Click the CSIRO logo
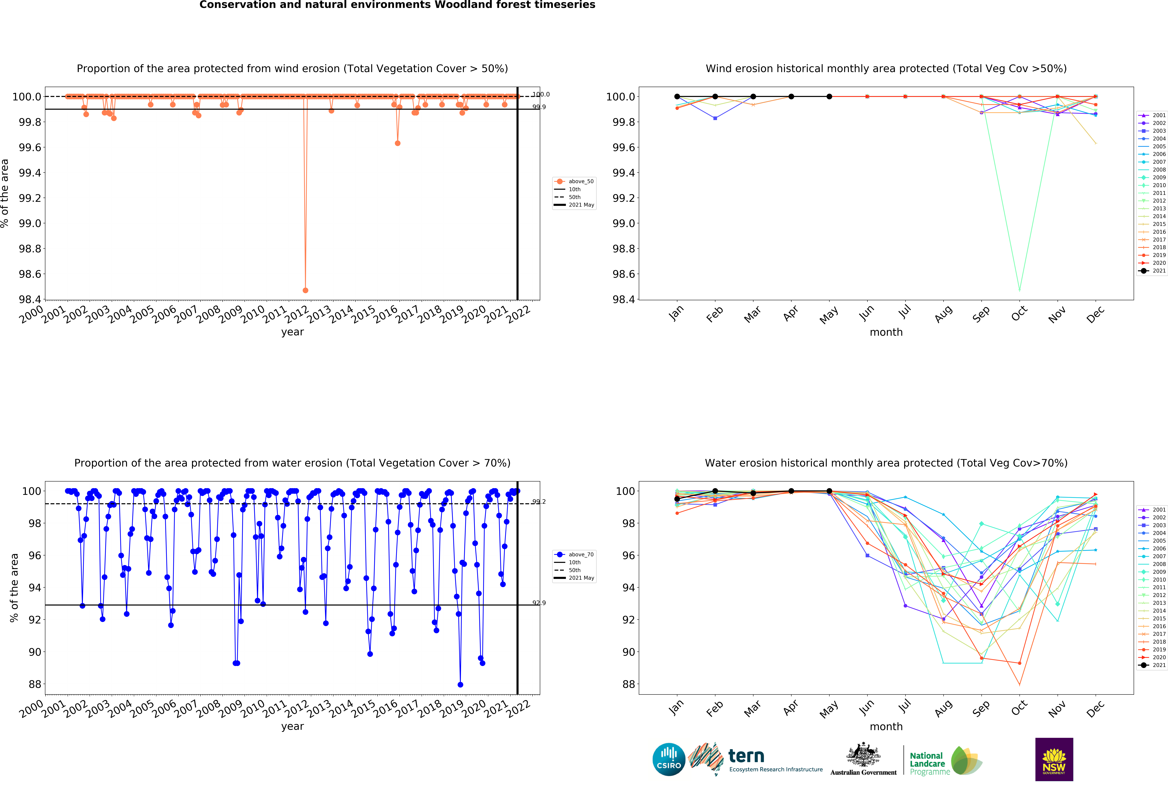tap(668, 759)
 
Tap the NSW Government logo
tap(1054, 759)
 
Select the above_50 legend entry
tap(580, 182)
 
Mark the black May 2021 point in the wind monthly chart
tap(829, 97)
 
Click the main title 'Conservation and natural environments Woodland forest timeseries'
tap(397, 5)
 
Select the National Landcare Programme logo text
tap(929, 763)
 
